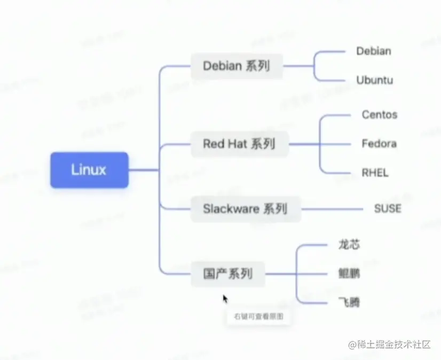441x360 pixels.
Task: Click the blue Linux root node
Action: click(x=89, y=170)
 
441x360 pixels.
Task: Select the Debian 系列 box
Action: click(x=237, y=66)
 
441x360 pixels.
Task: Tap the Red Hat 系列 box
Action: click(x=239, y=144)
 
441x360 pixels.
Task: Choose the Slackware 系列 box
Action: click(x=245, y=208)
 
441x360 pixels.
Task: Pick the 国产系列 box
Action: click(x=227, y=275)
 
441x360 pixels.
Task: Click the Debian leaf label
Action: click(x=374, y=51)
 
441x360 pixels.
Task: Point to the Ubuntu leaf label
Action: click(x=375, y=80)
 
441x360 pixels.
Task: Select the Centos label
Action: click(x=380, y=114)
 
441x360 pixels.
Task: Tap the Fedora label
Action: click(x=379, y=144)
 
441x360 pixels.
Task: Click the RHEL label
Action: click(x=375, y=173)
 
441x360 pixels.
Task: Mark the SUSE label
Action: click(x=387, y=208)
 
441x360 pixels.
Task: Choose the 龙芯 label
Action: click(x=349, y=245)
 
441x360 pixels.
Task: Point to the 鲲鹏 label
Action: click(x=349, y=275)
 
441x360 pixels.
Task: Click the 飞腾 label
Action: click(x=349, y=303)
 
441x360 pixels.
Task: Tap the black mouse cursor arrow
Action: click(x=225, y=299)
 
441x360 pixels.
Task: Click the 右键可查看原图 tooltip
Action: click(x=258, y=316)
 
